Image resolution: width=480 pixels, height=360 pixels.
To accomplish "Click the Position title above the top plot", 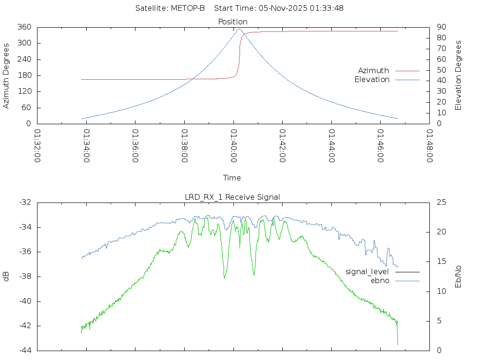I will [x=232, y=22].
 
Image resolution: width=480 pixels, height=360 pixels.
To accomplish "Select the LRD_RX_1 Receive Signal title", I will [x=232, y=197].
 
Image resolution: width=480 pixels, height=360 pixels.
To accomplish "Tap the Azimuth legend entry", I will [x=374, y=70].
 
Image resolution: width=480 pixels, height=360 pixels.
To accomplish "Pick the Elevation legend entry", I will [x=372, y=80].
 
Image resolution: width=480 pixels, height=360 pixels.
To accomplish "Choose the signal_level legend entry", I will [x=367, y=271].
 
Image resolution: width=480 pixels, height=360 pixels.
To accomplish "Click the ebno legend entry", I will [x=380, y=280].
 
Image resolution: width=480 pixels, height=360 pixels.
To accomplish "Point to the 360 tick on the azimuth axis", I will [x=24, y=27].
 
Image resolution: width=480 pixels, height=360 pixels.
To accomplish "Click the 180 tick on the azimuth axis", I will [x=24, y=75].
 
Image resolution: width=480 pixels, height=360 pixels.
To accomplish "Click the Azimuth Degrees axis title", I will [x=6, y=75].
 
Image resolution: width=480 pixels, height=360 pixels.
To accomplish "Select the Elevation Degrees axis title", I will [x=458, y=75].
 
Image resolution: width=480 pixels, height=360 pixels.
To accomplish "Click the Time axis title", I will [x=232, y=178].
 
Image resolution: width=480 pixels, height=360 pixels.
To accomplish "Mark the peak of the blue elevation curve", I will [x=239, y=29].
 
